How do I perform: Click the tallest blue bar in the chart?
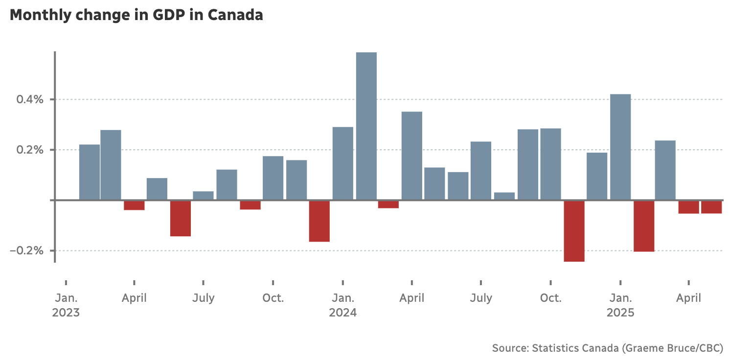[x=366, y=126]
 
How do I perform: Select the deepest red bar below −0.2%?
[x=574, y=230]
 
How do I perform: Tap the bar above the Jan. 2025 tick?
[x=620, y=147]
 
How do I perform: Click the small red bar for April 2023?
[x=134, y=205]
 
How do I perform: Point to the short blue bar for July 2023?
[x=203, y=195]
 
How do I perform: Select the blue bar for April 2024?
[x=412, y=156]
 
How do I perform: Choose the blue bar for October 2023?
[x=273, y=178]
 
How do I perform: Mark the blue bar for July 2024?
[x=481, y=170]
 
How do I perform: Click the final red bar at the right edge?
[x=711, y=206]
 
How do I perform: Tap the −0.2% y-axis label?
[x=28, y=251]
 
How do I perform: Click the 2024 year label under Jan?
[x=342, y=313]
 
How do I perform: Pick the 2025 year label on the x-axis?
[x=620, y=313]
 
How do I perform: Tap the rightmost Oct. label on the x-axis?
[x=551, y=298]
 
